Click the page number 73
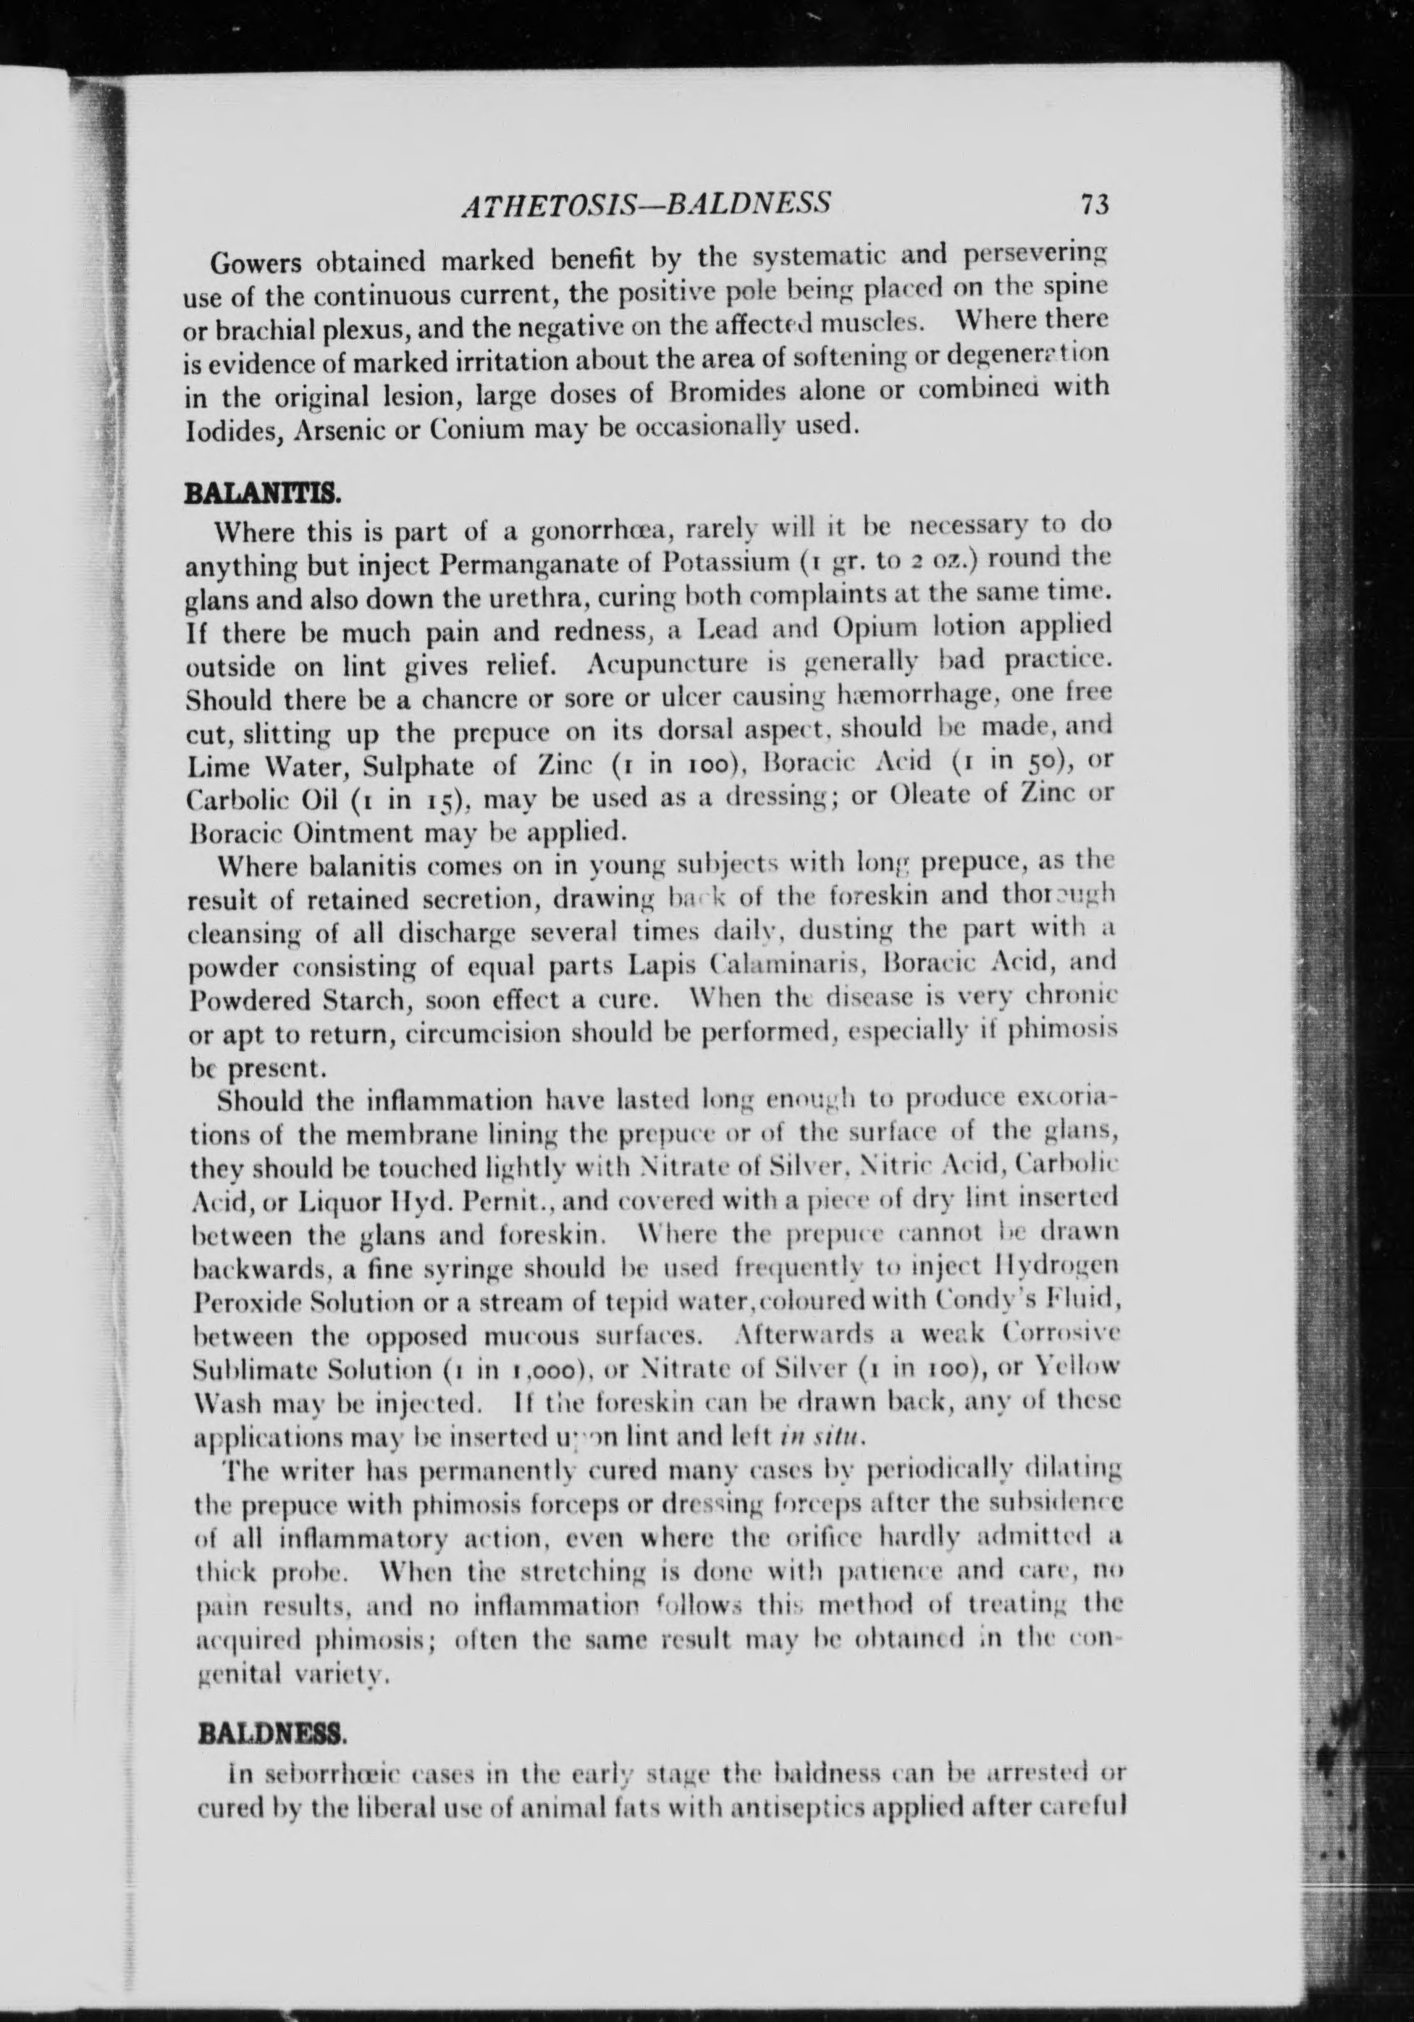1095,204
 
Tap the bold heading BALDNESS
274,1736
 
